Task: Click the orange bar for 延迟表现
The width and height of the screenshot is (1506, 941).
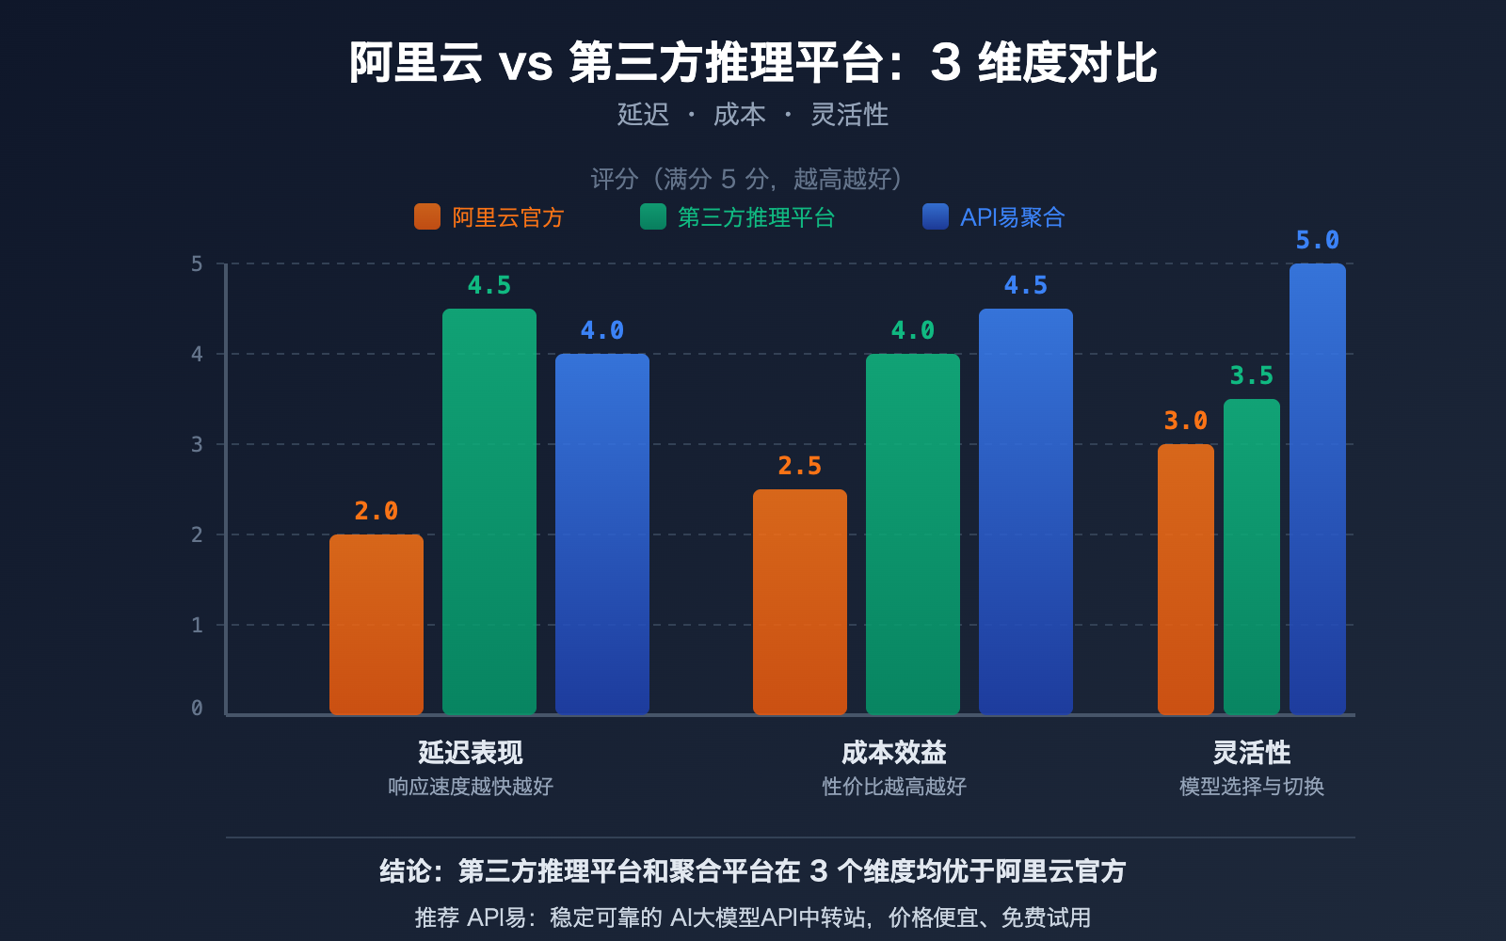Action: pos(376,625)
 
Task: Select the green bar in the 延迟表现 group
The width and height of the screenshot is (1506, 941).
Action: pos(489,512)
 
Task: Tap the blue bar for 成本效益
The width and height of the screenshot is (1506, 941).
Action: pos(1026,512)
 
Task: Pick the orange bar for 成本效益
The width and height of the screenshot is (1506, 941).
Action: pos(800,602)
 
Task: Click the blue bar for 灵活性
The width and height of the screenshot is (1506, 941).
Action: pos(1318,489)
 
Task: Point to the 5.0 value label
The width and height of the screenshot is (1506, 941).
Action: pos(1318,241)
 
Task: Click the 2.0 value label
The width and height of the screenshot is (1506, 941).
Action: pos(376,512)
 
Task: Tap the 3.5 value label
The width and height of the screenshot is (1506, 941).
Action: pos(1252,376)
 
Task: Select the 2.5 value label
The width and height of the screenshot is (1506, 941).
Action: pos(800,467)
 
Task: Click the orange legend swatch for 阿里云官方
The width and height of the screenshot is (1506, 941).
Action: pos(427,217)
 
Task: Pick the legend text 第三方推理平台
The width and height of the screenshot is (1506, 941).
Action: pos(756,217)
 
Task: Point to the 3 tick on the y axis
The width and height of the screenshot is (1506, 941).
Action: pos(197,444)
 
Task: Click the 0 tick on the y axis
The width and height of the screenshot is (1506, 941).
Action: pos(197,708)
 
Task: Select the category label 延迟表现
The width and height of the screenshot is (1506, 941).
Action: pos(471,753)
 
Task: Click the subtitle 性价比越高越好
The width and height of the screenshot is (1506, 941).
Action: pos(894,787)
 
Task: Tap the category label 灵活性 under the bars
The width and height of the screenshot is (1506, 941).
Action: pos(1252,753)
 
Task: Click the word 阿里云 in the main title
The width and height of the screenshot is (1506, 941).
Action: pos(415,64)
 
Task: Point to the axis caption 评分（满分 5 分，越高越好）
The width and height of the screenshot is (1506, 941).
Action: pos(749,179)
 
